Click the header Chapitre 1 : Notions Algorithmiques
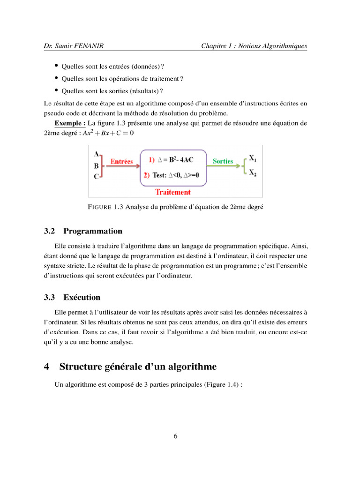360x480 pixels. [254, 46]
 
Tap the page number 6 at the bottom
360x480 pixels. [175, 436]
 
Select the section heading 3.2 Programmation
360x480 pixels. [83, 231]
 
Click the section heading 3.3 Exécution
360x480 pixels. [72, 297]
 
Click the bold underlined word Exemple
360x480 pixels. [69, 123]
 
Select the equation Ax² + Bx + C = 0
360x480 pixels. [108, 133]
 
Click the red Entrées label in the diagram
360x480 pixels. [121, 162]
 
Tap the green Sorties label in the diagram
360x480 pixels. [223, 161]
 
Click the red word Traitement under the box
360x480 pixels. [173, 192]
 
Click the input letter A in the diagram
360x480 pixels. [96, 154]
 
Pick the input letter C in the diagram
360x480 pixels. [96, 177]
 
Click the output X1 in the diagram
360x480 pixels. [252, 158]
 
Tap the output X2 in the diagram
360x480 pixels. [252, 173]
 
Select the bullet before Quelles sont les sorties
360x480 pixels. [57, 90]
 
